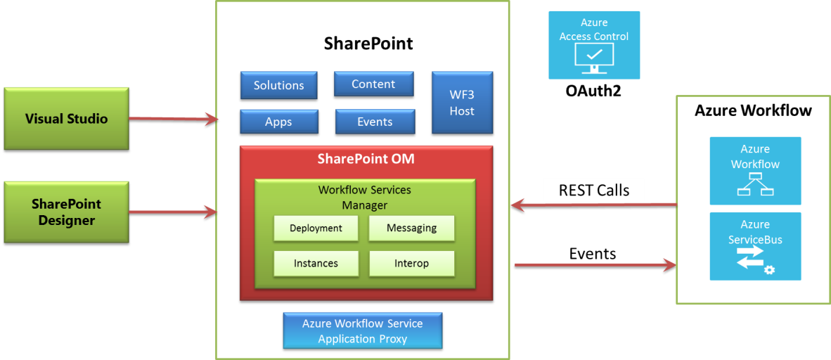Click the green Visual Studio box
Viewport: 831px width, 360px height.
[x=66, y=118]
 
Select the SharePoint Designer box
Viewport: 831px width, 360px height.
[x=66, y=212]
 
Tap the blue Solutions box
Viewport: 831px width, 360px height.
[x=278, y=85]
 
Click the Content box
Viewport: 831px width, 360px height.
[x=373, y=84]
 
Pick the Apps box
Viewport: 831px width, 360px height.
[x=278, y=122]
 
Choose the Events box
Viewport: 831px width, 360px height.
[x=374, y=122]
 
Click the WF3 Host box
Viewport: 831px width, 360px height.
[x=462, y=103]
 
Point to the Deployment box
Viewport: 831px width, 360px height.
[x=316, y=228]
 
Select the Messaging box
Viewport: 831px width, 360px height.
[x=411, y=228]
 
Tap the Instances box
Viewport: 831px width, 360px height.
[x=316, y=263]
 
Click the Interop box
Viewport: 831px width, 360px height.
[x=411, y=263]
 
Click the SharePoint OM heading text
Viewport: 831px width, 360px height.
[x=366, y=159]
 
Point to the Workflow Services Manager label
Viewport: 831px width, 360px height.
[x=364, y=198]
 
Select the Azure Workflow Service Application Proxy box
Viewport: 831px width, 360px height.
[x=362, y=331]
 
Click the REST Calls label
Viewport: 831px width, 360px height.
[x=593, y=190]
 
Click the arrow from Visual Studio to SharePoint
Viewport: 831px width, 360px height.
[x=173, y=119]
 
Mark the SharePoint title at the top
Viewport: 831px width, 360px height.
[x=368, y=44]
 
